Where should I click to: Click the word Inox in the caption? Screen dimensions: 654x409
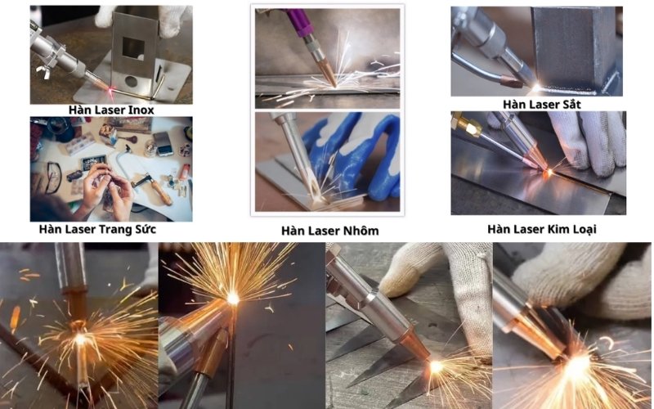pos(140,110)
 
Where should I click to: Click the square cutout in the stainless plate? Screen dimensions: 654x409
pos(133,48)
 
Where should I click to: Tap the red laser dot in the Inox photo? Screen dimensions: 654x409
pos(112,89)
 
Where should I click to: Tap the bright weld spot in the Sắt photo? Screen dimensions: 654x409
pos(536,88)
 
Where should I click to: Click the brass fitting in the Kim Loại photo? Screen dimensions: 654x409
pos(466,125)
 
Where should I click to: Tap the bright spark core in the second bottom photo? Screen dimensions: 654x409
pos(233,299)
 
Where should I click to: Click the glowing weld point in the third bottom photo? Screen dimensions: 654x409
pos(437,366)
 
